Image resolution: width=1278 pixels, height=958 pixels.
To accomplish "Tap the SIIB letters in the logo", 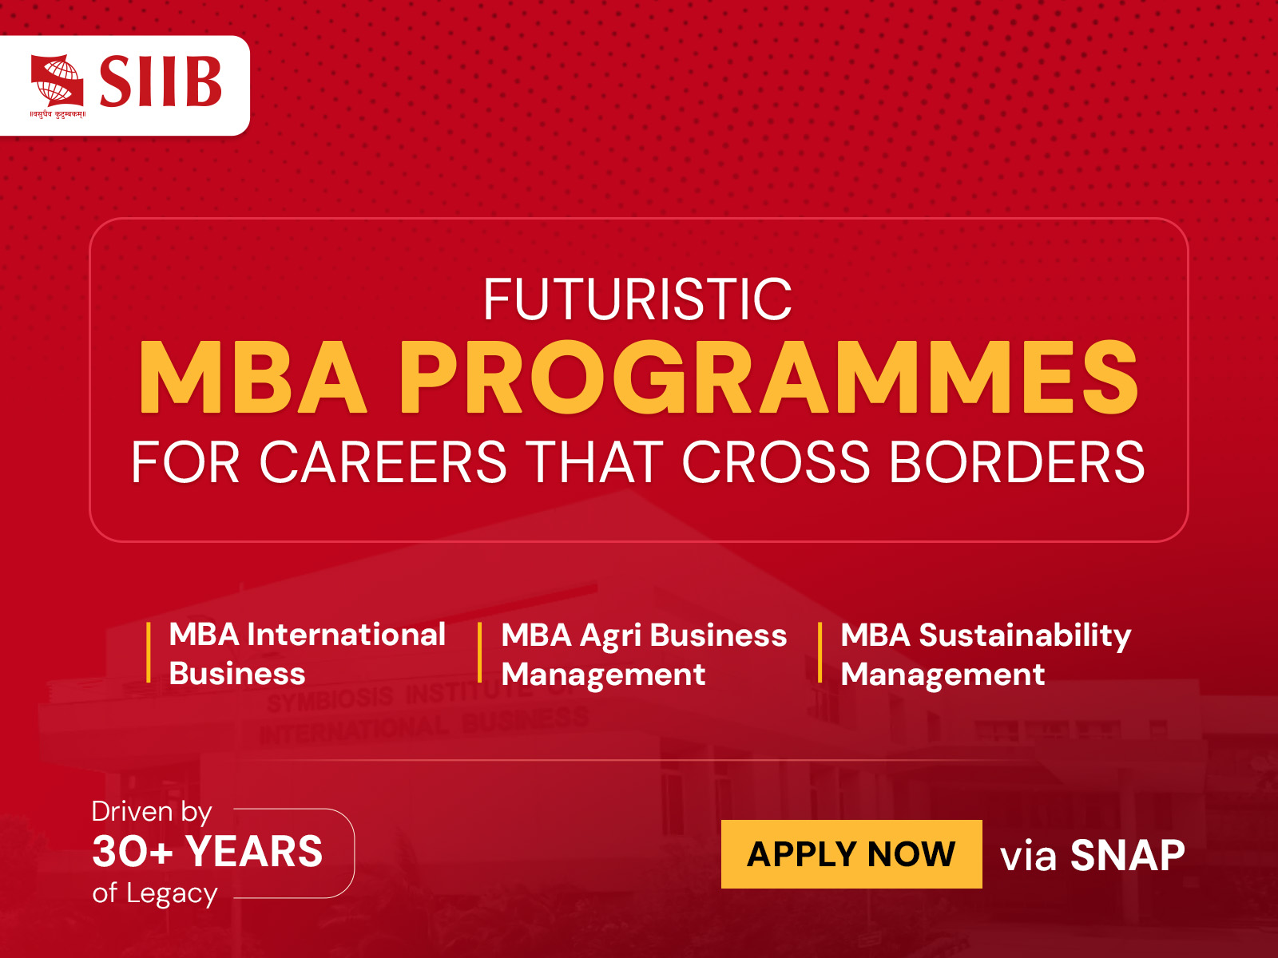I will [x=161, y=81].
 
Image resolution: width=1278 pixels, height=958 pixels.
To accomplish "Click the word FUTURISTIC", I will [x=637, y=299].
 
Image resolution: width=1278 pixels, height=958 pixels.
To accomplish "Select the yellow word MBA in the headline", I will [x=252, y=377].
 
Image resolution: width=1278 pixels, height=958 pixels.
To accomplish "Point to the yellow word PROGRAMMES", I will [x=768, y=377].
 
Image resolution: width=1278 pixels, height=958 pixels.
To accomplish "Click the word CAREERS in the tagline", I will [x=383, y=462].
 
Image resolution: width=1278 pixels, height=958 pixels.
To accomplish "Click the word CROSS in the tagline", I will [x=776, y=462].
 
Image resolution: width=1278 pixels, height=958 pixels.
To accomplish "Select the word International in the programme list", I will [x=346, y=635].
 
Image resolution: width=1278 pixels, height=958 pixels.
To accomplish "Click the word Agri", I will [x=610, y=636].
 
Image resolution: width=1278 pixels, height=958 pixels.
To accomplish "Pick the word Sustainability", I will [x=1025, y=636].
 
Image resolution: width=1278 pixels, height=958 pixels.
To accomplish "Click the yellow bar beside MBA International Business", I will [x=149, y=653].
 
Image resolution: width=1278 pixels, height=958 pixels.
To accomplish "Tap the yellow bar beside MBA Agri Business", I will [x=480, y=653].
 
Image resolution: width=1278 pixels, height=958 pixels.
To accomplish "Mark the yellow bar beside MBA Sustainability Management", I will [x=820, y=653].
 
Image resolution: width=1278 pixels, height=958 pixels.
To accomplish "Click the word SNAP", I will [x=1127, y=856].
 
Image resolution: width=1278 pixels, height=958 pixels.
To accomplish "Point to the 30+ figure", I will [x=133, y=851].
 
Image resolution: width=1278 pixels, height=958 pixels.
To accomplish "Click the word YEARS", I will [x=254, y=851].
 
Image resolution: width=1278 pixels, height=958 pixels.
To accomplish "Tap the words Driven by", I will [x=152, y=812].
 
